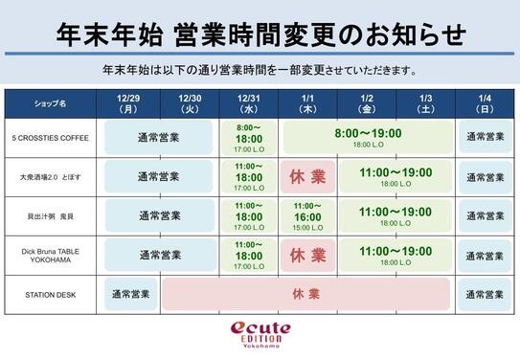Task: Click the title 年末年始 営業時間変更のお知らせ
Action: (259, 34)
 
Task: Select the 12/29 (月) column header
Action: (129, 103)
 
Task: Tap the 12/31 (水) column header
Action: (249, 103)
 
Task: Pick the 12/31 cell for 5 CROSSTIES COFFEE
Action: (249, 137)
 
